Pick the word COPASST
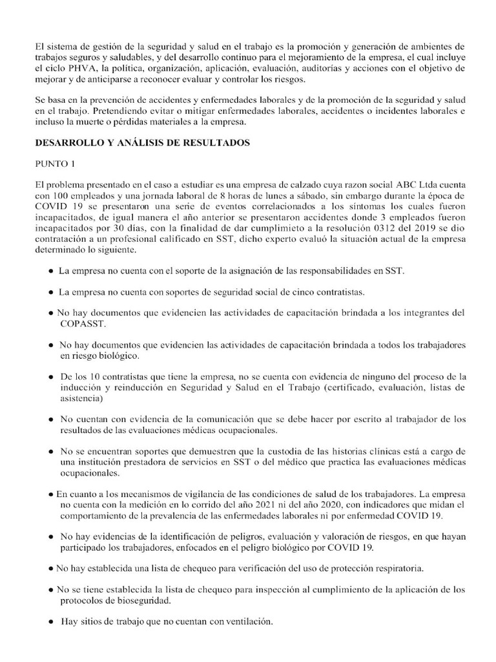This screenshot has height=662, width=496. [x=83, y=324]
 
